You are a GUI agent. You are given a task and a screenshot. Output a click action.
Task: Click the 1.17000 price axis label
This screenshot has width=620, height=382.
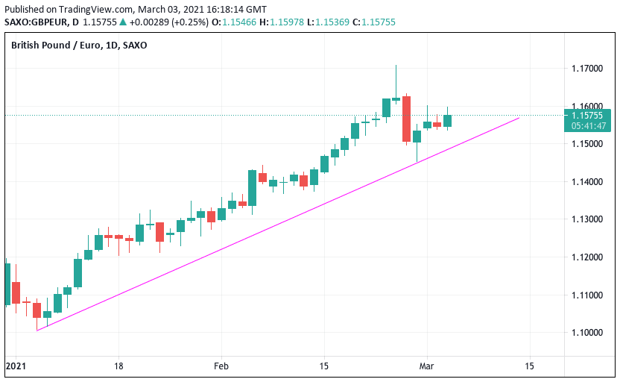coord(587,69)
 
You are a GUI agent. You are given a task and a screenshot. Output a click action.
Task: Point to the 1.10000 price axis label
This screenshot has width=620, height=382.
coord(587,333)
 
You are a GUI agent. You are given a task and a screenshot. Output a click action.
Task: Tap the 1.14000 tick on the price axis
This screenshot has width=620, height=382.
coord(587,182)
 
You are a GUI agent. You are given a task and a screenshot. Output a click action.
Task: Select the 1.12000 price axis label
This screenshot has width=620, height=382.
coord(587,257)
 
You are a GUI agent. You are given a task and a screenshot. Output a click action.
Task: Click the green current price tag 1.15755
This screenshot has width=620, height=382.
coord(588,116)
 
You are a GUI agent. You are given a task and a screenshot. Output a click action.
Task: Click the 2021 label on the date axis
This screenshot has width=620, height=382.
coord(16,366)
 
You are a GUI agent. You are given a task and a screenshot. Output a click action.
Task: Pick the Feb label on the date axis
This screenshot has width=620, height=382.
coord(221,366)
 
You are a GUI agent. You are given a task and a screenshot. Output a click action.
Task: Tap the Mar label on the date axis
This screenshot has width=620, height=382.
coord(427,366)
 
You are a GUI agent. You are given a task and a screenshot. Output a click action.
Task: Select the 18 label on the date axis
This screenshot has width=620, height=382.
coord(118,366)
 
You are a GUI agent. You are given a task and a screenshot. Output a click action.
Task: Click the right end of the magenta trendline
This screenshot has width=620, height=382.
coord(519,117)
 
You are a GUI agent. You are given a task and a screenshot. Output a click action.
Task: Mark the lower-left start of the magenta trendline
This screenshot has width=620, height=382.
coord(37,330)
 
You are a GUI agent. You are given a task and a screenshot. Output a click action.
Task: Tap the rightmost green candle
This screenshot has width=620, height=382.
coord(447,120)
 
